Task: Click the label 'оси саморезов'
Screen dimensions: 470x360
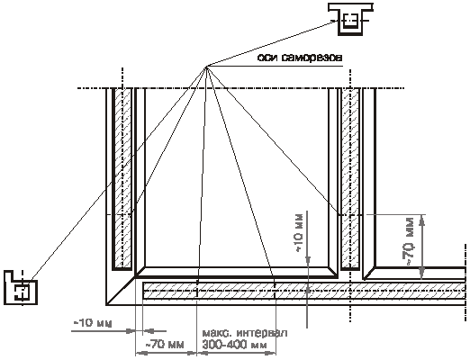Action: (300, 58)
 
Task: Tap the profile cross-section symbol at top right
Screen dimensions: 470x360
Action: (350, 19)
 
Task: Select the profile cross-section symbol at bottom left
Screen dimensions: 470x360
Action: (21, 287)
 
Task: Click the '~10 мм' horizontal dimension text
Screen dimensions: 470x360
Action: (93, 323)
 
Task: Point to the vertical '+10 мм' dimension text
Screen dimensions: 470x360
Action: (300, 231)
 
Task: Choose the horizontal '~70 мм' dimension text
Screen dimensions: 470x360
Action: (165, 344)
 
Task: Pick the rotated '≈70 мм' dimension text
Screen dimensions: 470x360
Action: (410, 241)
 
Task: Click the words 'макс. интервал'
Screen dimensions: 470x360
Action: (245, 333)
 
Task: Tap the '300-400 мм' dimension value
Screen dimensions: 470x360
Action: (234, 345)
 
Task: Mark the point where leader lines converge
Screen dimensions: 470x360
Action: (206, 66)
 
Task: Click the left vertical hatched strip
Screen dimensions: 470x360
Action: (123, 178)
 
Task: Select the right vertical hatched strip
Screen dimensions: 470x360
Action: (350, 178)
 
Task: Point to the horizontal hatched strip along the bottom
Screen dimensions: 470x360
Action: (303, 291)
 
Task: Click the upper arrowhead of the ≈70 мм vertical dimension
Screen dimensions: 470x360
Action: (422, 220)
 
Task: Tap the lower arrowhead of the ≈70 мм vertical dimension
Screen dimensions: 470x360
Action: (422, 273)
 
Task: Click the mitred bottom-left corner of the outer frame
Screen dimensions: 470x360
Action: (121, 291)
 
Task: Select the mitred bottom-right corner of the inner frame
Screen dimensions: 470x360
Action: (333, 272)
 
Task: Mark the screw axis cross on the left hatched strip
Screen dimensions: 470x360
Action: (123, 215)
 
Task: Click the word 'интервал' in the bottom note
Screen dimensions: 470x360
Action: (262, 333)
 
